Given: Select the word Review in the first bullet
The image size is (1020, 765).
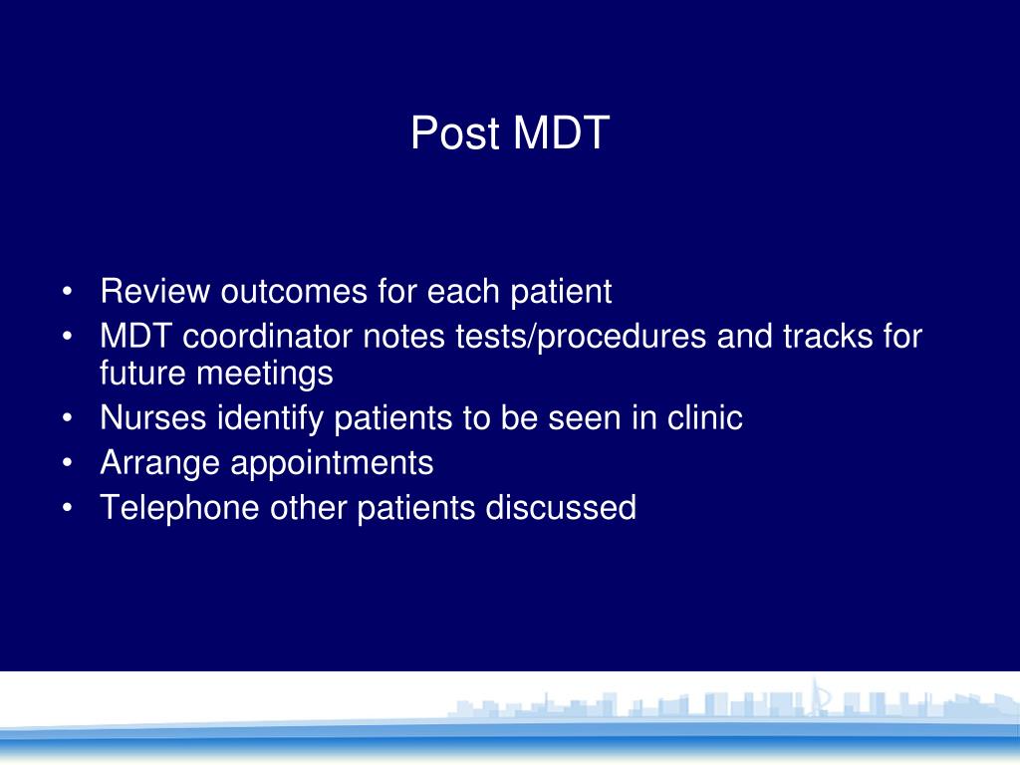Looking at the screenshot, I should tap(155, 292).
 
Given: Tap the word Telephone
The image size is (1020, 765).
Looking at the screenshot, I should tap(179, 508).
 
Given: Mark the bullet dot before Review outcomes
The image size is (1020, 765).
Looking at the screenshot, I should tap(67, 293).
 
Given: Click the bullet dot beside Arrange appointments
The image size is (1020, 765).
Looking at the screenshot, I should tap(67, 464).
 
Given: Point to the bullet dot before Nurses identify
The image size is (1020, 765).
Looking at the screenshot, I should tap(67, 419).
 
